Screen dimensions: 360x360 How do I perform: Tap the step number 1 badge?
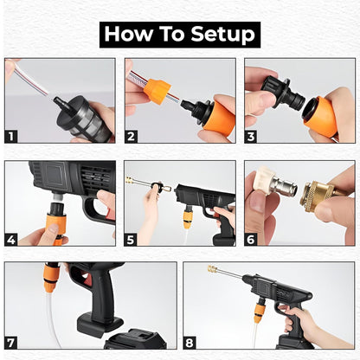click(x=12, y=136)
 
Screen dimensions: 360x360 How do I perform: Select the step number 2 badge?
click(x=132, y=136)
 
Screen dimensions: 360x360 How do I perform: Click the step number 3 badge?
click(x=252, y=136)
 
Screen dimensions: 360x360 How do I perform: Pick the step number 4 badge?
click(x=12, y=238)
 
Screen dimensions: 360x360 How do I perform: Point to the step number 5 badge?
click(x=132, y=238)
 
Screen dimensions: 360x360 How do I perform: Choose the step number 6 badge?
click(x=252, y=238)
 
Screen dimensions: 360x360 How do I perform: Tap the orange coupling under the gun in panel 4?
click(x=54, y=229)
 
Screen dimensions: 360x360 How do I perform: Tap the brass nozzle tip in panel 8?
click(x=212, y=270)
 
